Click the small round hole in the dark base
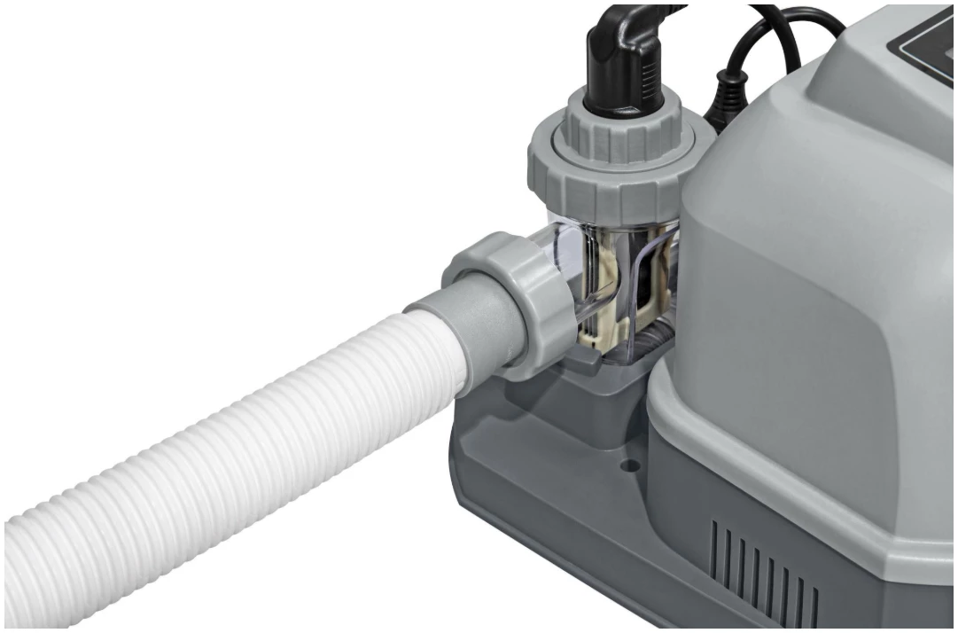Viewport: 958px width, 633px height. click(x=630, y=464)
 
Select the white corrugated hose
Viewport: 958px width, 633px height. click(x=222, y=443)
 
